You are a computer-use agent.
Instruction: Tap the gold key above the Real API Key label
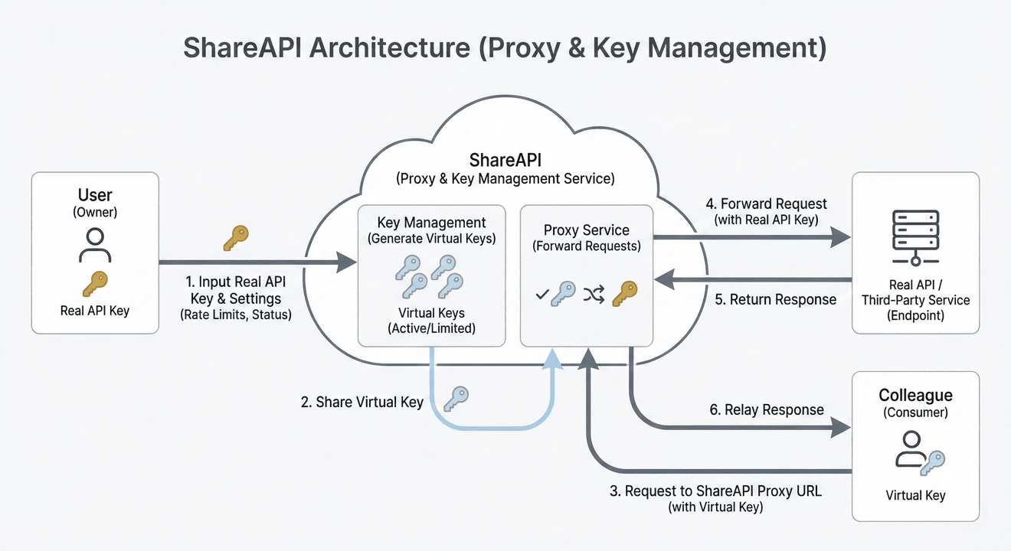(x=95, y=285)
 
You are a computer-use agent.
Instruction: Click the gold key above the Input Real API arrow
(x=236, y=237)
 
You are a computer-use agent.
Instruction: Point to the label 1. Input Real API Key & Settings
(x=236, y=291)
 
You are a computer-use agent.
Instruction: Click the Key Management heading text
(x=431, y=223)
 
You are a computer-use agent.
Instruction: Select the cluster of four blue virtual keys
(x=430, y=276)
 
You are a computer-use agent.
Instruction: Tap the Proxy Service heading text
(x=586, y=230)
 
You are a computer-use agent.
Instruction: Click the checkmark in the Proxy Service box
(x=541, y=294)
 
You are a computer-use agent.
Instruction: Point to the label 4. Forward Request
(x=766, y=204)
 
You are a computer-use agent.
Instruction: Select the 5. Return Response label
(x=775, y=299)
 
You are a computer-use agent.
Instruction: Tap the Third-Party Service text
(x=915, y=300)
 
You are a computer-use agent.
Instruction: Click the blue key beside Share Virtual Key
(x=456, y=397)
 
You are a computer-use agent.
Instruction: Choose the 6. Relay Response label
(x=766, y=409)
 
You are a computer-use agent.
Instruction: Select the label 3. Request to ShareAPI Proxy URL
(x=715, y=491)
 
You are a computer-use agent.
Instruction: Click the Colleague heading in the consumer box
(x=915, y=396)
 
